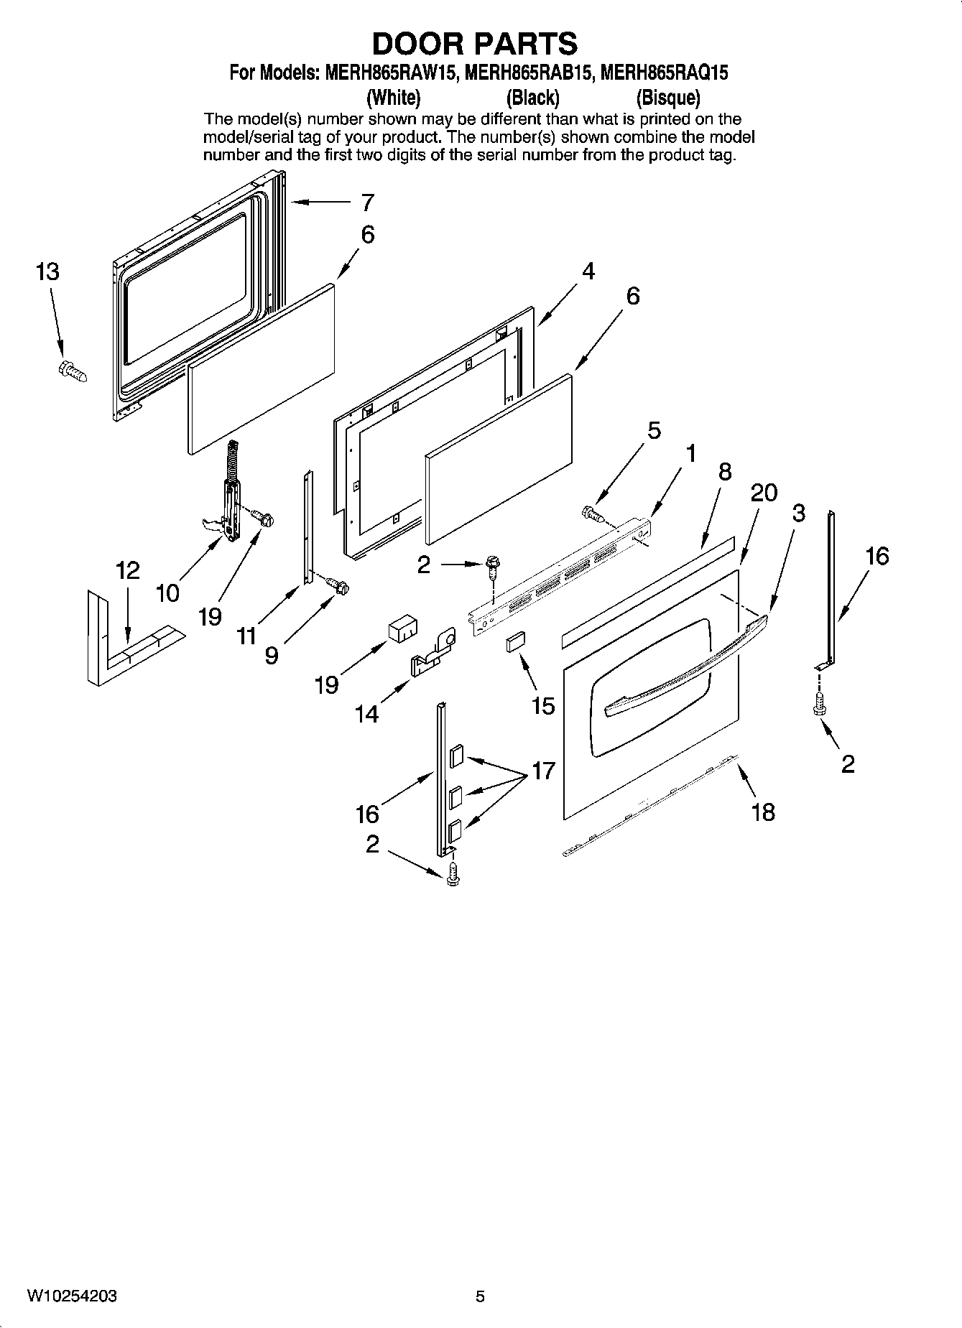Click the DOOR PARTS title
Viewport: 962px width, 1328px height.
(474, 44)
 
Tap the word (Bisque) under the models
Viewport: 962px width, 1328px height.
(667, 97)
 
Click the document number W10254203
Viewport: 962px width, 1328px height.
(72, 1296)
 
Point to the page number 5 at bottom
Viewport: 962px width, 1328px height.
(480, 1296)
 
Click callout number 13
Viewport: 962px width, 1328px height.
(47, 272)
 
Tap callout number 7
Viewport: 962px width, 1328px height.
(367, 203)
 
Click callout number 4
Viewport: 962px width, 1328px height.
(588, 271)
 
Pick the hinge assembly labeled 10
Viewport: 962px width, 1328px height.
(228, 503)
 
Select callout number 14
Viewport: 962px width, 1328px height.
(366, 714)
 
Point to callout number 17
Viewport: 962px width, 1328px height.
(544, 771)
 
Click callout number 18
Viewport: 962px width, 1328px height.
(762, 812)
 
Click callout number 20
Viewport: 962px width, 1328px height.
(764, 493)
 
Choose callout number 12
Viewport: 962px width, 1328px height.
(127, 571)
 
